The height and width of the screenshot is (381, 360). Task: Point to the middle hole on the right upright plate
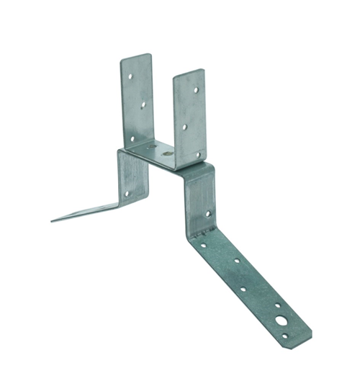[x=185, y=127]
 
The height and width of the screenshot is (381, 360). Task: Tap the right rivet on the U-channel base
[x=167, y=153]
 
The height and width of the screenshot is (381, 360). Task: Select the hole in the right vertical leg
[x=207, y=213]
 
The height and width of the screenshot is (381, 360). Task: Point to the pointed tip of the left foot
[x=52, y=220]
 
